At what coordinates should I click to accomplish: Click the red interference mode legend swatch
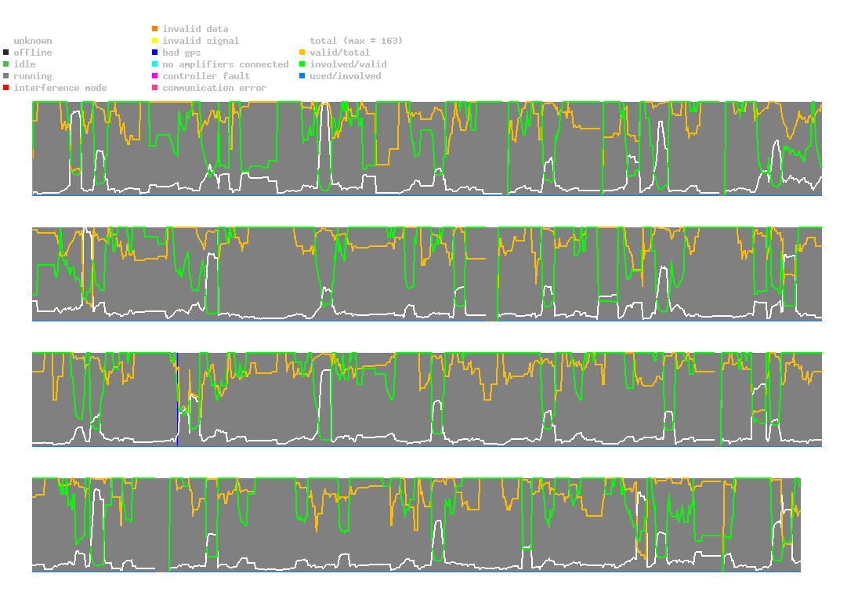coord(5,88)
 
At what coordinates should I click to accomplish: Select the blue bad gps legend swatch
coord(155,53)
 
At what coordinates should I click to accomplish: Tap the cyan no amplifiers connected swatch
coord(155,64)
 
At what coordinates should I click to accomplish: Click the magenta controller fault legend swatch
coord(155,76)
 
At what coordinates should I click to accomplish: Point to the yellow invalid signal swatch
coord(155,41)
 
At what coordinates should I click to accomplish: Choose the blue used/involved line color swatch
coord(302,76)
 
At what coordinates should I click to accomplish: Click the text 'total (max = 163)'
coord(350,41)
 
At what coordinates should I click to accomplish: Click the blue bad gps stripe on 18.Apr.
coord(177,400)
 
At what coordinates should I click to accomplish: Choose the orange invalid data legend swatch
coord(155,29)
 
